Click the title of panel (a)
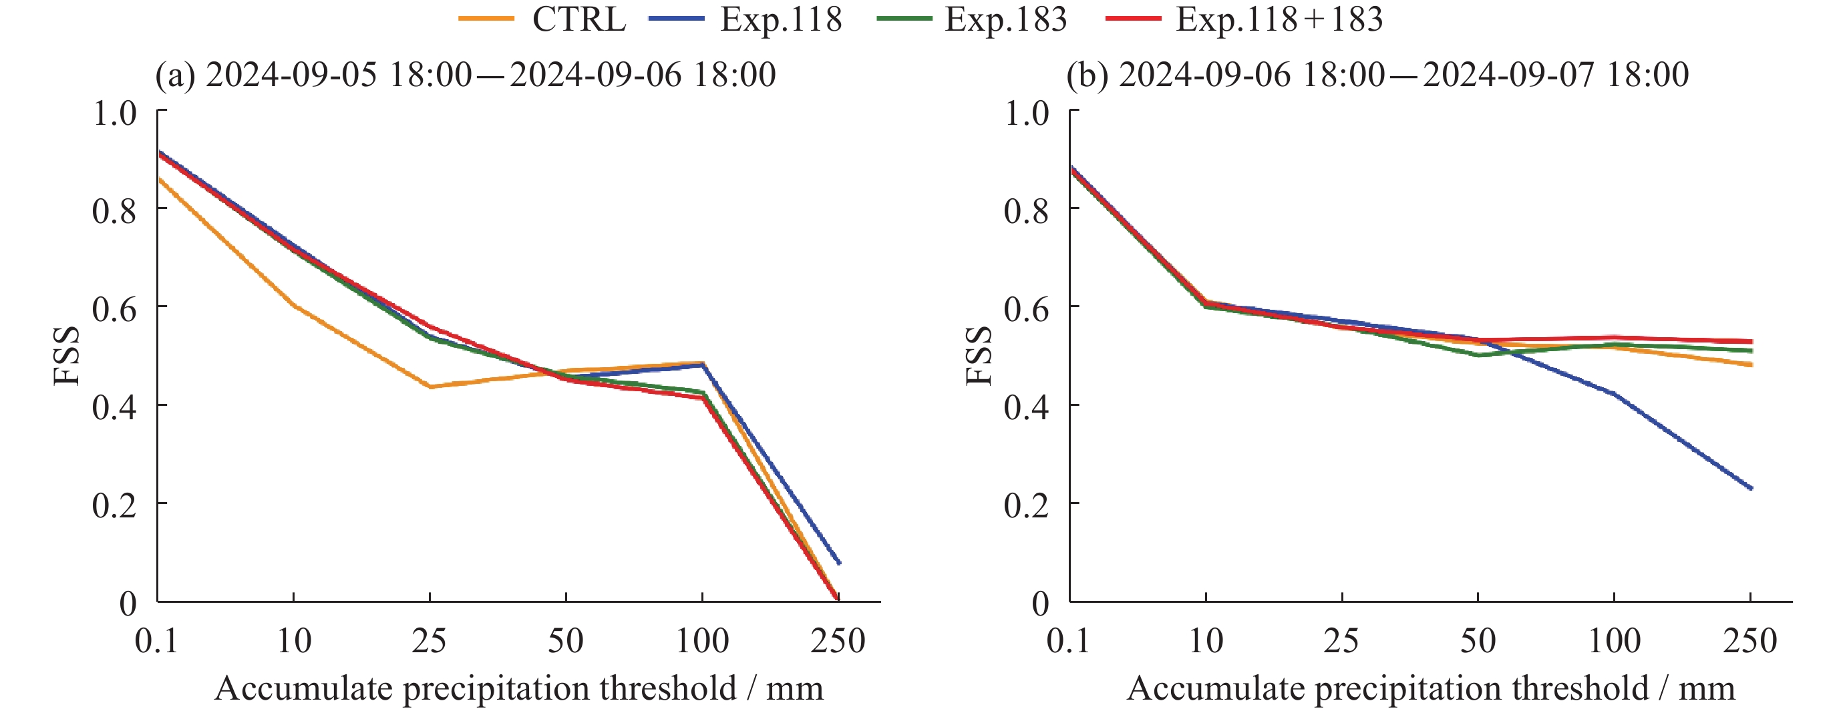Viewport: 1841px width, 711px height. (465, 75)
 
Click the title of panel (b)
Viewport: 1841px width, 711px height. (1377, 75)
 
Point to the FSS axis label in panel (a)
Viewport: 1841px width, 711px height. (66, 356)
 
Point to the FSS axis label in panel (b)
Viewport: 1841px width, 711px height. (979, 356)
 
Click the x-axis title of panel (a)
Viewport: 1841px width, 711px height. (519, 689)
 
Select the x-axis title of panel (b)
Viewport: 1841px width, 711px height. (1431, 689)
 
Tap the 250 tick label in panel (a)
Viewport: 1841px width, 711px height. (838, 641)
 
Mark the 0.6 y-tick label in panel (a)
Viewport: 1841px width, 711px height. (114, 308)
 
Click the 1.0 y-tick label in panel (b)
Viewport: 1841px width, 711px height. (1026, 113)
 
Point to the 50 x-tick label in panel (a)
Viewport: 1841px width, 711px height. (565, 641)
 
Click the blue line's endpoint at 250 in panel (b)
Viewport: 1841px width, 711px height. (1750, 489)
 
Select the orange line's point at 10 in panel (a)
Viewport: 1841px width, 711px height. (294, 306)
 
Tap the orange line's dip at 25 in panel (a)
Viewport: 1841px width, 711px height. (430, 387)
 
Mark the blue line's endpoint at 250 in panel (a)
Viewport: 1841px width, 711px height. (839, 563)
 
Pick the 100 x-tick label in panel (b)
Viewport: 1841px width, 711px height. (1614, 641)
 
